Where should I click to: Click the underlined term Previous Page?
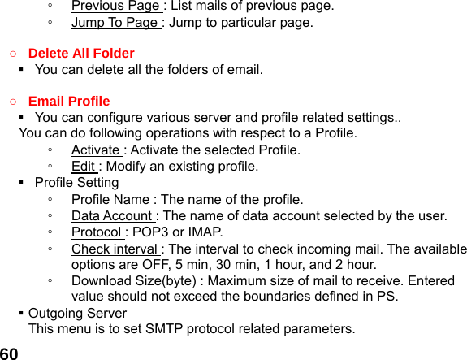pyautogui.click(x=115, y=7)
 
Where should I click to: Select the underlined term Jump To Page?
pyautogui.click(x=115, y=23)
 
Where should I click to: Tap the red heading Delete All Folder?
pyautogui.click(x=81, y=54)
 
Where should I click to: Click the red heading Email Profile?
pyautogui.click(x=69, y=102)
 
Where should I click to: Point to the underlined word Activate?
pyautogui.click(x=96, y=150)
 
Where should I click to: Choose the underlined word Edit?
pyautogui.click(x=83, y=167)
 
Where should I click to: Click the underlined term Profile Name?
pyautogui.click(x=111, y=200)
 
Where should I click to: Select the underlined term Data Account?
pyautogui.click(x=112, y=216)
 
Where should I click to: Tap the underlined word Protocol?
pyautogui.click(x=96, y=232)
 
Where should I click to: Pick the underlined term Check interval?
pyautogui.click(x=115, y=249)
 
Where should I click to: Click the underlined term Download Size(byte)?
pyautogui.click(x=134, y=282)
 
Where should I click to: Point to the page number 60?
pyautogui.click(x=10, y=353)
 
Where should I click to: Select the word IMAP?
pyautogui.click(x=205, y=232)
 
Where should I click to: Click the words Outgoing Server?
pyautogui.click(x=77, y=313)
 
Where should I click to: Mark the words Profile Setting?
pyautogui.click(x=76, y=183)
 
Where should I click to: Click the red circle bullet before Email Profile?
pyautogui.click(x=13, y=102)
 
